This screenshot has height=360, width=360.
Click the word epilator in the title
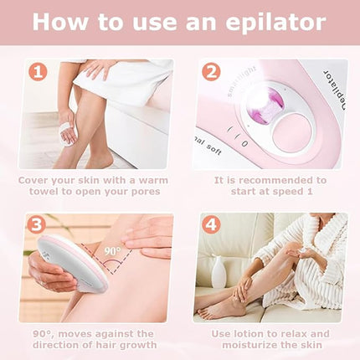coord(275,22)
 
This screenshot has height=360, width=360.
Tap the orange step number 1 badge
coord(38,72)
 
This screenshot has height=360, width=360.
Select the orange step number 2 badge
coord(211,72)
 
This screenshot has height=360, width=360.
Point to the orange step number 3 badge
coord(36,225)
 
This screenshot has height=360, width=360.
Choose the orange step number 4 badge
coord(211,225)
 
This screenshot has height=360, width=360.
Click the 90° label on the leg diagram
coord(113,251)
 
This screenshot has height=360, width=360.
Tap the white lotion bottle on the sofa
coord(219,272)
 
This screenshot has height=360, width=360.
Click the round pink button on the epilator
coord(292,132)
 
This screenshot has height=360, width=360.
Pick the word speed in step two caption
coord(284,192)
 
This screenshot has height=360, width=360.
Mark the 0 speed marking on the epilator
coord(244,143)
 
